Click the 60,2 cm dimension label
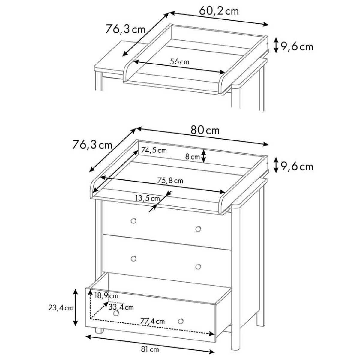[x=219, y=11]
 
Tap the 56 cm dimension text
[x=179, y=62]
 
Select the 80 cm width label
[x=205, y=130]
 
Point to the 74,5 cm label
[x=154, y=150]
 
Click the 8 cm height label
[x=192, y=157]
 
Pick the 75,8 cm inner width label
[x=170, y=181]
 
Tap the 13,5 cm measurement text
[x=148, y=198]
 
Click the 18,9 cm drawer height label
[x=106, y=296]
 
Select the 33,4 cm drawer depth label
[x=121, y=307]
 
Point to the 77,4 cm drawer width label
[x=152, y=321]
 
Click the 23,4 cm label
[x=61, y=308]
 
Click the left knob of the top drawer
[x=133, y=221]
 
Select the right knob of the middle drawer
[x=198, y=267]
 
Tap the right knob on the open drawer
[x=181, y=321]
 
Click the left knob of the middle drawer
[x=133, y=259]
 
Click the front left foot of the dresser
[x=99, y=330]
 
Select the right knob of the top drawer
[x=198, y=229]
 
